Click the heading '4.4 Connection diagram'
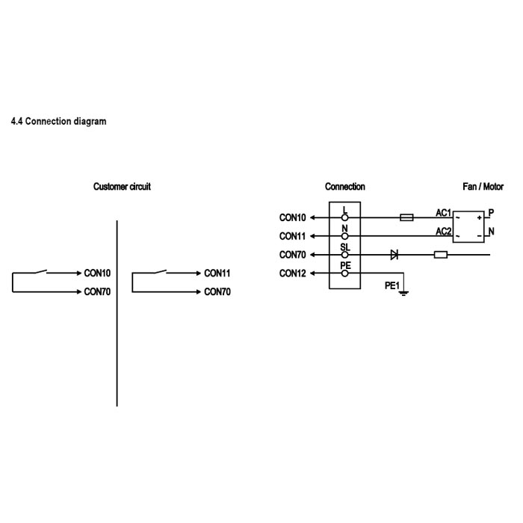pos(58,121)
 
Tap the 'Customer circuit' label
pos(122,187)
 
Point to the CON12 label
pos(293,273)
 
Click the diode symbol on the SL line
pos(394,255)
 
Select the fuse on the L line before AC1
pos(407,217)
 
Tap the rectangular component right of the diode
pos(441,255)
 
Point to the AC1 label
pos(444,213)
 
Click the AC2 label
pos(444,232)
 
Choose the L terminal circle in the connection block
pos(344,217)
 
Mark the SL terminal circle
pos(344,255)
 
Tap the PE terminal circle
pos(344,273)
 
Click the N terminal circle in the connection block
pos(344,236)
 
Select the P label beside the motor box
pos(491,213)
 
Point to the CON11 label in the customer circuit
pos(217,273)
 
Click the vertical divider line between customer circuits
pos(117,314)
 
